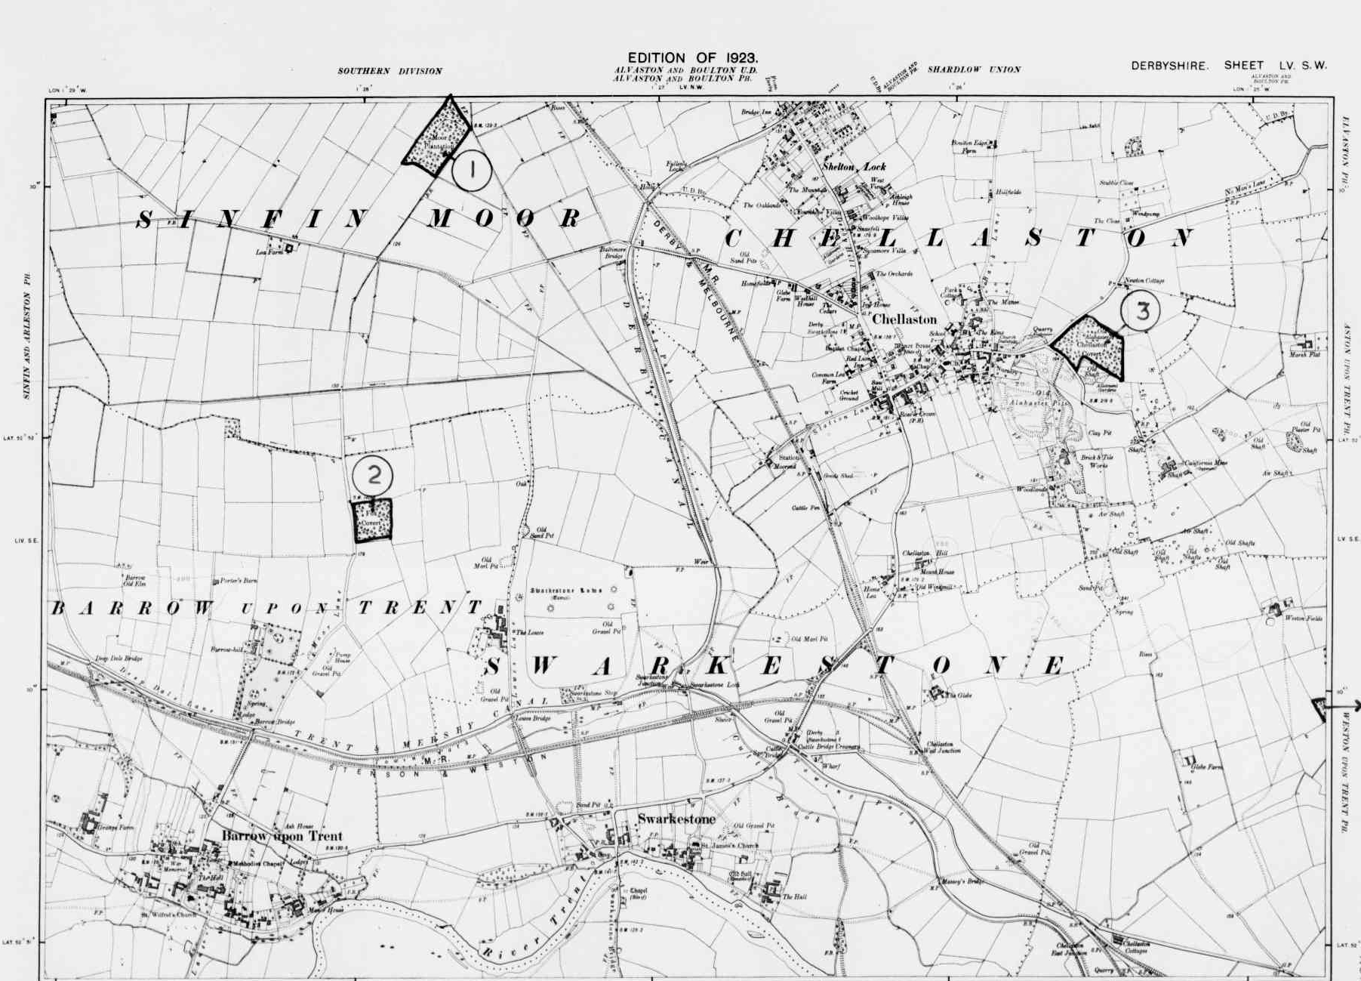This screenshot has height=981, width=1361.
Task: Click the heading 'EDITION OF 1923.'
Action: pos(693,57)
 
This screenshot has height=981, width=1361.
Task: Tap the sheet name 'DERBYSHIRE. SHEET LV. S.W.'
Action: pos(1228,66)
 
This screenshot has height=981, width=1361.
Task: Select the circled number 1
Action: pos(472,170)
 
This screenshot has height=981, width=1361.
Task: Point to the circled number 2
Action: pos(373,475)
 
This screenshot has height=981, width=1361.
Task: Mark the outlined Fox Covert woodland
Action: pos(374,520)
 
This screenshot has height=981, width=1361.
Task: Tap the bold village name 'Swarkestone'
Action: pos(676,819)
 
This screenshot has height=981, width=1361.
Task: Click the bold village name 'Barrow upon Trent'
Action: pos(282,836)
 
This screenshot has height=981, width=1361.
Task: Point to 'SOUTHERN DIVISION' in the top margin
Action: pos(390,71)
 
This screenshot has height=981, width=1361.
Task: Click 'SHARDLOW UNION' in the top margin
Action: pos(974,69)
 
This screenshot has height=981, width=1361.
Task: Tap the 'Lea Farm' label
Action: pos(269,252)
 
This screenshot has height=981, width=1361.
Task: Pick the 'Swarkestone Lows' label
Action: pos(565,591)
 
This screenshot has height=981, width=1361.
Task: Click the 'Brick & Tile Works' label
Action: pos(1097,461)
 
